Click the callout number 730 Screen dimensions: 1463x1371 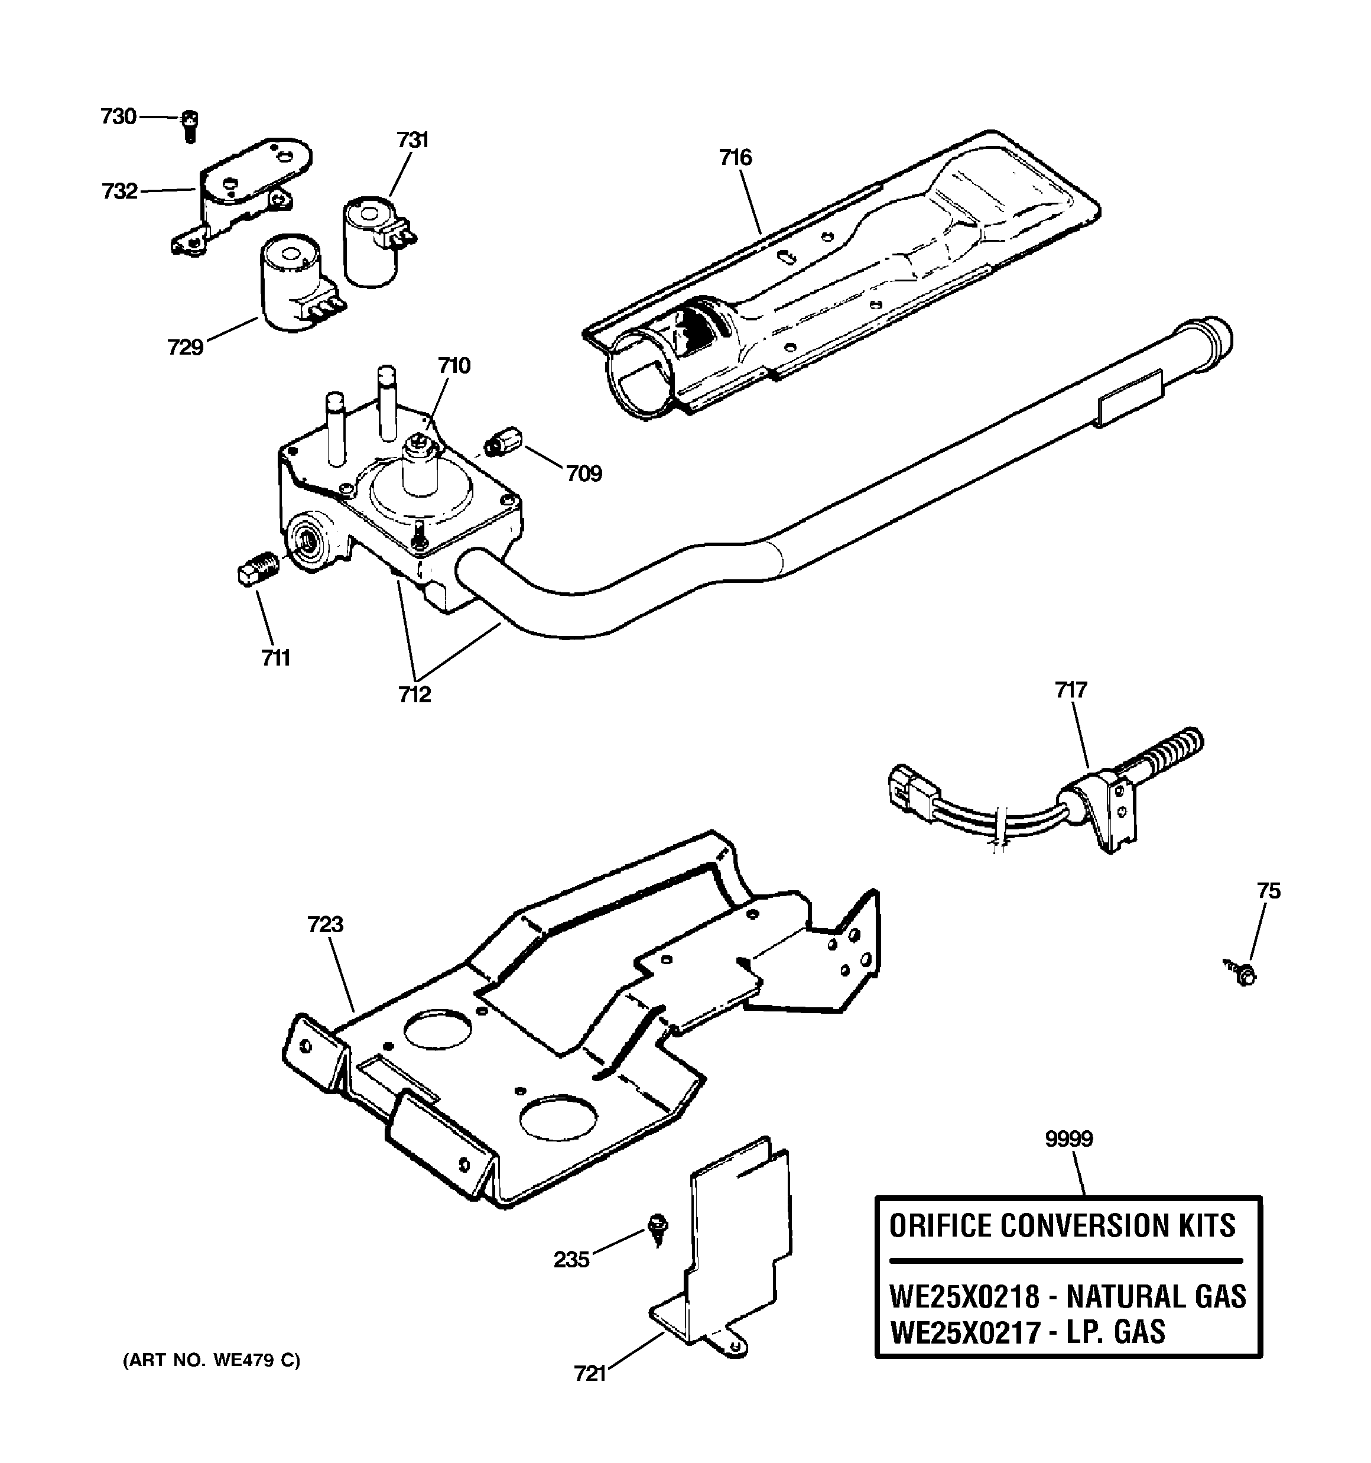118,116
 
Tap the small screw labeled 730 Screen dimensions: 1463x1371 190,126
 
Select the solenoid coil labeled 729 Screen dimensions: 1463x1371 290,283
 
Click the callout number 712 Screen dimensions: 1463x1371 414,694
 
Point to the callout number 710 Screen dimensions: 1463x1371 454,365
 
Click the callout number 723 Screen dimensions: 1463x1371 325,924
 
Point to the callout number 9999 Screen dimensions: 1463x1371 1068,1139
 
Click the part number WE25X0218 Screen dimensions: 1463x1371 964,1296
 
